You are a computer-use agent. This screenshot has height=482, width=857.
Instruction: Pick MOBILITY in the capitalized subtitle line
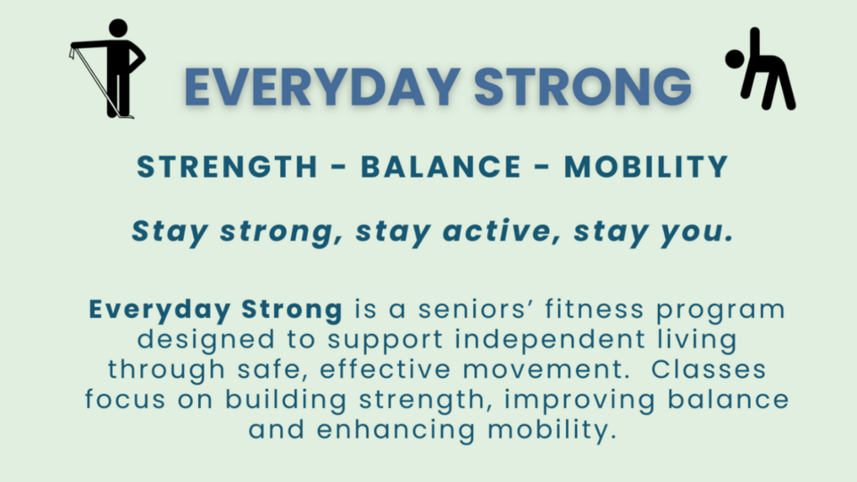click(x=646, y=167)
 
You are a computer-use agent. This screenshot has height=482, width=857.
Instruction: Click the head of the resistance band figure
click(x=117, y=29)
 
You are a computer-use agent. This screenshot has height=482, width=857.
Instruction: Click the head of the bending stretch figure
click(x=735, y=59)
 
